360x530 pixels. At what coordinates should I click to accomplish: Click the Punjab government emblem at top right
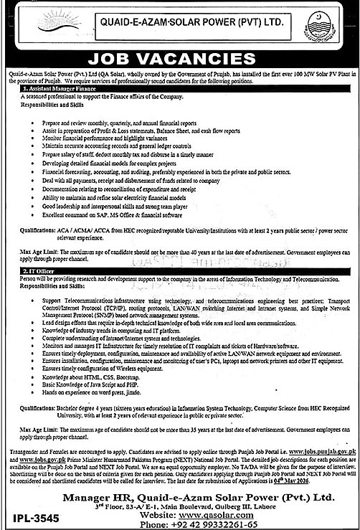point(332,22)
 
